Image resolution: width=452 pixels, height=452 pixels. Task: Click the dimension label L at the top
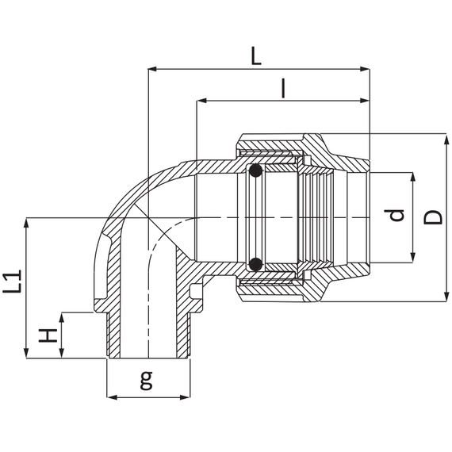pyautogui.click(x=256, y=56)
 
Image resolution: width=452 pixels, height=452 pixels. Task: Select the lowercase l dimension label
pyautogui.click(x=284, y=89)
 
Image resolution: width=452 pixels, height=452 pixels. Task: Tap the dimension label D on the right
pyautogui.click(x=433, y=217)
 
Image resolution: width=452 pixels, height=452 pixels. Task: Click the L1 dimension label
pyautogui.click(x=12, y=281)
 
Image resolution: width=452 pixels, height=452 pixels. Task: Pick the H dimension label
pyautogui.click(x=48, y=335)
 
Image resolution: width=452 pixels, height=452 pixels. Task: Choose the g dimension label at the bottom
pyautogui.click(x=146, y=380)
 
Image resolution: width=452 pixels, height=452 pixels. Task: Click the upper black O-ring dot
pyautogui.click(x=255, y=170)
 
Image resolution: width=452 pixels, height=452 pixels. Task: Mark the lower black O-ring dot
pyautogui.click(x=255, y=264)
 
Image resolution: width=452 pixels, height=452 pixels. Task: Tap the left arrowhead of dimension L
pyautogui.click(x=152, y=69)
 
